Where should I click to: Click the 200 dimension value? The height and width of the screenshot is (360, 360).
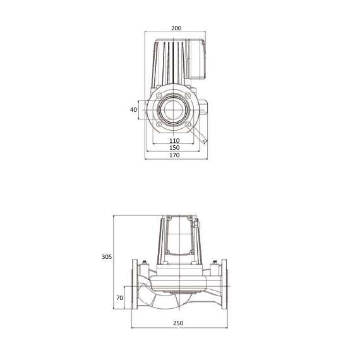click(x=176, y=28)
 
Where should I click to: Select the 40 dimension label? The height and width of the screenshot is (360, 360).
click(x=133, y=109)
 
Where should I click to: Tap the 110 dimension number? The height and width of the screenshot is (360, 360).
click(x=175, y=140)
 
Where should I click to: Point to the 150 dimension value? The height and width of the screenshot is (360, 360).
click(x=175, y=147)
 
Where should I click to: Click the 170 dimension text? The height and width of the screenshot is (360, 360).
click(x=175, y=155)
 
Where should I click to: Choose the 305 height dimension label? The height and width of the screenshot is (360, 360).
click(x=107, y=257)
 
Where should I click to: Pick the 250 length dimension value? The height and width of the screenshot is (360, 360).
click(x=178, y=323)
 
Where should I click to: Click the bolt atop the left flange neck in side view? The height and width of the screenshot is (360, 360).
click(x=146, y=265)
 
